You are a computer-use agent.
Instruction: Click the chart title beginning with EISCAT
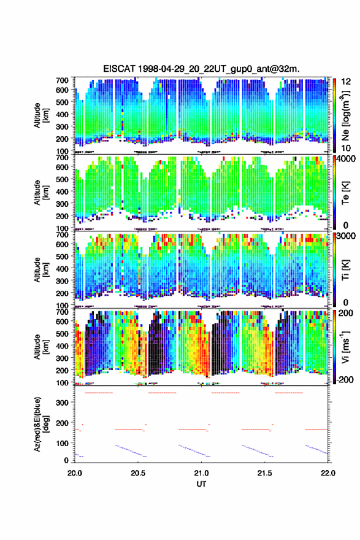(x=201, y=69)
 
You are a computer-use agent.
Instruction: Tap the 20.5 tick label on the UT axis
(x=138, y=473)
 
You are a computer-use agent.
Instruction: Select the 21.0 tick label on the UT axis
(x=201, y=473)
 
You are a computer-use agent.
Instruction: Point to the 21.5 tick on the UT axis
(x=265, y=473)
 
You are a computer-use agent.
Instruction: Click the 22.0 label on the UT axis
(x=328, y=473)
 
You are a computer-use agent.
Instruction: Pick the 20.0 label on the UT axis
(x=75, y=473)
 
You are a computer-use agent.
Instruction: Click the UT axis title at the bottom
(x=201, y=484)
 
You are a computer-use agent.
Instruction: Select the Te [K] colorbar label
(x=345, y=193)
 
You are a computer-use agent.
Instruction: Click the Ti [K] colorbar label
(x=345, y=270)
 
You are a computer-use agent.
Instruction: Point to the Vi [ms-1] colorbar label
(x=345, y=347)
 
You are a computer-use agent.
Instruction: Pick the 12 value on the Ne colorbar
(x=346, y=82)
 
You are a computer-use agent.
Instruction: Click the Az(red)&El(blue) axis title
(x=40, y=425)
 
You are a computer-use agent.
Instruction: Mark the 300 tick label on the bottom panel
(x=62, y=403)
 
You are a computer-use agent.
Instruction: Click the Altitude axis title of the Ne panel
(x=40, y=115)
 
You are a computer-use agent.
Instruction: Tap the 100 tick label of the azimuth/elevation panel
(x=62, y=443)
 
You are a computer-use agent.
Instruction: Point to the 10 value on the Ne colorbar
(x=346, y=148)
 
